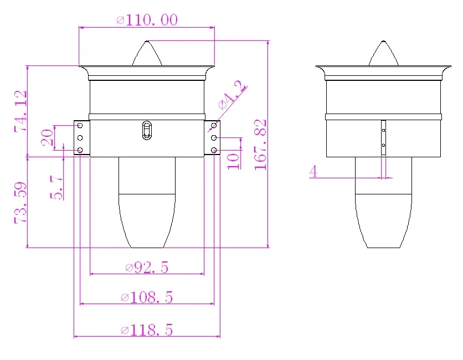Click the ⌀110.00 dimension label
coord(147,20)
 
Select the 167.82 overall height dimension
coord(260,145)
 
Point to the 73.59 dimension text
coord(20,203)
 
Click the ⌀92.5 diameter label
coord(147,268)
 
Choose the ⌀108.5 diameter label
coord(147,297)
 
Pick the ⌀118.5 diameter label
coord(147,330)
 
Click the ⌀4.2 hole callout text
coord(232,95)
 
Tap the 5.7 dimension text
coord(56,187)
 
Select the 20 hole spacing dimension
coord(48,137)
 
